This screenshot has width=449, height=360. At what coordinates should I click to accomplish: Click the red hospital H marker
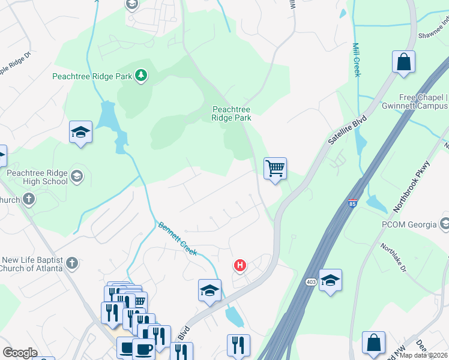[240, 265]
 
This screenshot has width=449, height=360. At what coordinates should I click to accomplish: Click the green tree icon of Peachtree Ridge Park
[141, 76]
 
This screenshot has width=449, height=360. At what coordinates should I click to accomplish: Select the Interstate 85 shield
[352, 203]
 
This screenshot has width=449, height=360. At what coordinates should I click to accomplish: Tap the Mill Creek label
[357, 61]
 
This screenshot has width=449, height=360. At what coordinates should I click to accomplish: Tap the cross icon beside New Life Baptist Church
[71, 263]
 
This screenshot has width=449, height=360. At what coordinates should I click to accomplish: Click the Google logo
[20, 353]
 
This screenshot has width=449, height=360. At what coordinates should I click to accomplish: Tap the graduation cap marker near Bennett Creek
[209, 290]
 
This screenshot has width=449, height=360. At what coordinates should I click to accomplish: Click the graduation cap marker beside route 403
[330, 280]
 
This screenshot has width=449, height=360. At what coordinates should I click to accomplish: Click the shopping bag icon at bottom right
[373, 343]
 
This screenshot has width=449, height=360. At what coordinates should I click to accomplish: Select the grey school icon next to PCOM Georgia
[445, 224]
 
